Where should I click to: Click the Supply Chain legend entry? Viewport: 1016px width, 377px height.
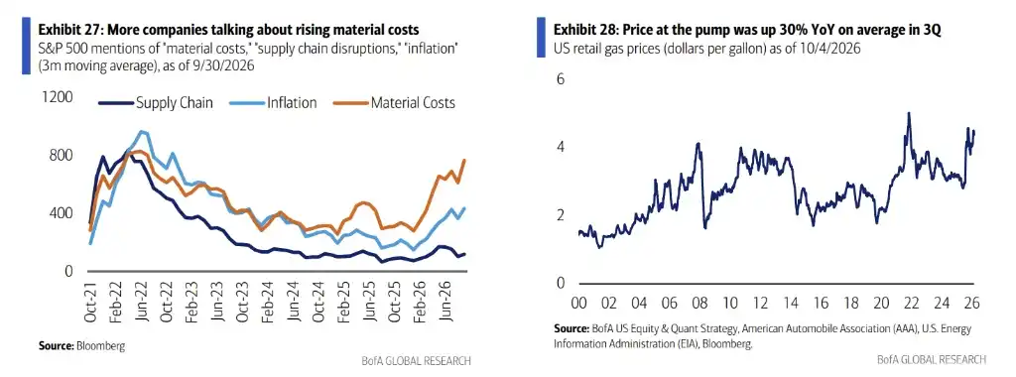coord(156,103)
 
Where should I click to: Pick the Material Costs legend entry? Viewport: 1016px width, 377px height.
coord(394,103)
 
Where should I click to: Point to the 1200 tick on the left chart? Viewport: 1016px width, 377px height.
coord(58,97)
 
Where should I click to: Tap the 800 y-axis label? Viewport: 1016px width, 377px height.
coord(62,156)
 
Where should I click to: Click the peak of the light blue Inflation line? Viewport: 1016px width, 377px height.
coord(140,132)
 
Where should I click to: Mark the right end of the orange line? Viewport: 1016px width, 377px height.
coord(464,160)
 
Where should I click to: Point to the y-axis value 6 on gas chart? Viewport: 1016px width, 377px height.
coord(562,78)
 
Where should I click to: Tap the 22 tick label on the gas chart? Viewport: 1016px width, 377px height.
coord(911,303)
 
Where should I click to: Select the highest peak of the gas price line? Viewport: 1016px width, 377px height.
coord(909,113)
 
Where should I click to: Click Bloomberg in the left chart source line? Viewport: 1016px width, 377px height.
coord(101,346)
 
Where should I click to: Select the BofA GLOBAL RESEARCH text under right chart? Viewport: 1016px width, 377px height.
coord(932,359)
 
